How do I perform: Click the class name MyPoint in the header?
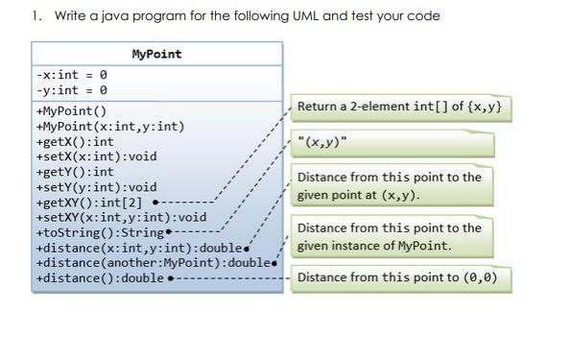[x=155, y=54]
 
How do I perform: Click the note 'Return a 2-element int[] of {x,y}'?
[x=398, y=106]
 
